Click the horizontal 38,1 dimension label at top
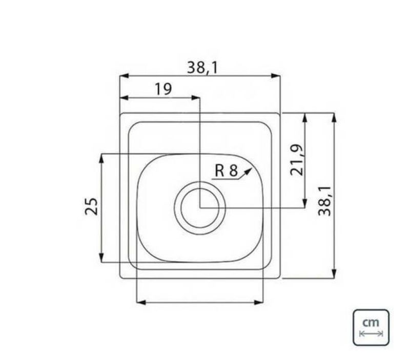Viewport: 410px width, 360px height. (x=202, y=68)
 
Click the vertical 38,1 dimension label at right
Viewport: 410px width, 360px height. (x=324, y=201)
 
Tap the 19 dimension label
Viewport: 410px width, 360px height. (x=163, y=89)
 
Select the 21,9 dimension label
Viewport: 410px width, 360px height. (x=297, y=160)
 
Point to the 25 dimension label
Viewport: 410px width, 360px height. (x=91, y=206)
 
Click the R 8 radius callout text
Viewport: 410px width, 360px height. (x=226, y=171)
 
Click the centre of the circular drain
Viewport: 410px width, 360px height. (x=200, y=208)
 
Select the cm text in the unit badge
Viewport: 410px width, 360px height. (x=371, y=323)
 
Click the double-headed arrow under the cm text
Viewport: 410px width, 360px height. (x=371, y=333)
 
